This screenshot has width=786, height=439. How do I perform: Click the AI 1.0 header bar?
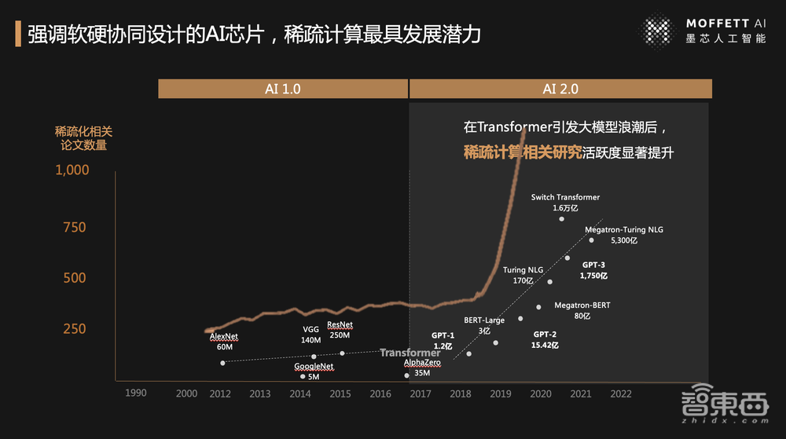tap(282, 89)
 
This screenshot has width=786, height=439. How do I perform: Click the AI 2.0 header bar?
tap(560, 89)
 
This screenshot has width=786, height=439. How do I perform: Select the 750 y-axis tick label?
tap(74, 228)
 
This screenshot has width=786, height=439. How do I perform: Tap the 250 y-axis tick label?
tap(74, 328)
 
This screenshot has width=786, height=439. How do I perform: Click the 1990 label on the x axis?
tap(136, 393)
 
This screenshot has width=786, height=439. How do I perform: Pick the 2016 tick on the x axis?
tap(380, 393)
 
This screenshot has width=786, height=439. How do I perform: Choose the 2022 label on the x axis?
tap(620, 393)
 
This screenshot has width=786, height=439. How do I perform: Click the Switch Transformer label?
tap(565, 197)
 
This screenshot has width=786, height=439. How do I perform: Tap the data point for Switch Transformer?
tap(561, 219)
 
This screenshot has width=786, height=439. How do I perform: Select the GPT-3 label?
tap(593, 265)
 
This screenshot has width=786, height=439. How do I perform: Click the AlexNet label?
tap(224, 337)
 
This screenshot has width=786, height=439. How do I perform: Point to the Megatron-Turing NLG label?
tap(624, 230)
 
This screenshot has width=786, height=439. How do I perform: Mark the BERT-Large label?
tap(484, 320)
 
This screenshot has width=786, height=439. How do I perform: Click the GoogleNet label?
tap(314, 367)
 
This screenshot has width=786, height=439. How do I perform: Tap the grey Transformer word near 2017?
tap(410, 353)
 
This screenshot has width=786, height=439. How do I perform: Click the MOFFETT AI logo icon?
tap(657, 32)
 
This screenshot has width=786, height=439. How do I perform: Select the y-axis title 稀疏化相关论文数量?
tap(83, 138)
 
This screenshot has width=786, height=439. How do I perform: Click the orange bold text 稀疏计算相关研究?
tap(523, 152)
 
